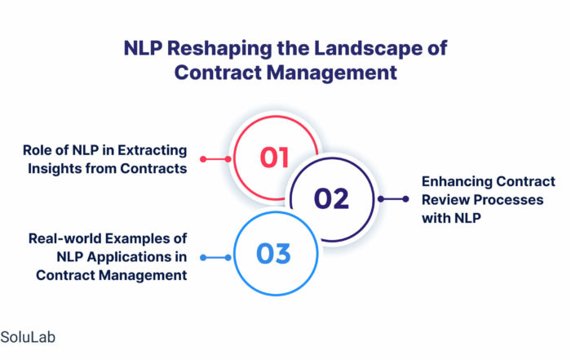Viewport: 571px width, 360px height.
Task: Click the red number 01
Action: (x=274, y=158)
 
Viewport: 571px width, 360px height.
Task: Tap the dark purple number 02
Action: (x=331, y=198)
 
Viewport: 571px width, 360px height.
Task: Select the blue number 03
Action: (x=273, y=254)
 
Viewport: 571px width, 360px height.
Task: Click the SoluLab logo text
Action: (x=28, y=337)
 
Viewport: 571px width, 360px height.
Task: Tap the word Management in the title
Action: (x=331, y=72)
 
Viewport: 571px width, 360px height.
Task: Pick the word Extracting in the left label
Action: (x=153, y=150)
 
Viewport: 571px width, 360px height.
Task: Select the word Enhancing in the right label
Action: (x=457, y=181)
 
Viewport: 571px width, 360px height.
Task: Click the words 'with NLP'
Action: (x=451, y=218)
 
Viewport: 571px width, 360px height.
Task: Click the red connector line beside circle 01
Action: (x=215, y=159)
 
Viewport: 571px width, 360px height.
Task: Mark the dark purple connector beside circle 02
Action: (x=393, y=199)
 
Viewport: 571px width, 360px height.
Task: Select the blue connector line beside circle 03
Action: (x=215, y=258)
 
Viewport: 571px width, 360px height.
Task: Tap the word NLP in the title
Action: (x=143, y=48)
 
